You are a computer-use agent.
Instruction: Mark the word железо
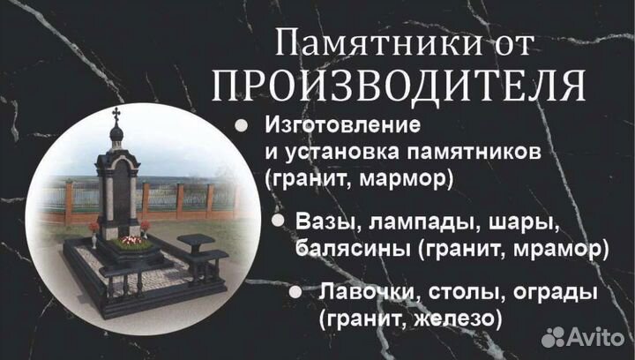[449, 316]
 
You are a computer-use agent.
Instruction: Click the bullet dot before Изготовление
[239, 127]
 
